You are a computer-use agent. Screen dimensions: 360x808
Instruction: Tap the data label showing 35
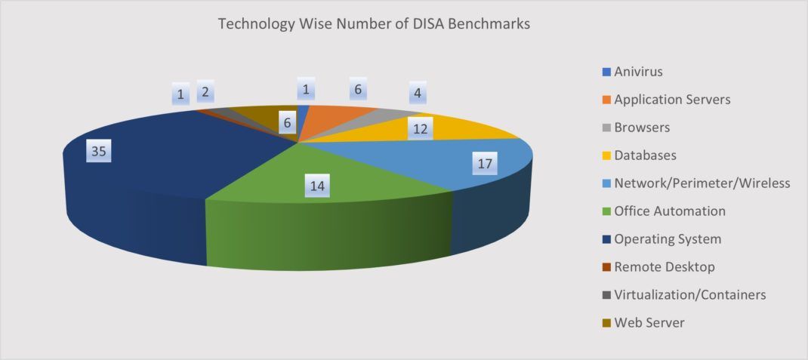(99, 152)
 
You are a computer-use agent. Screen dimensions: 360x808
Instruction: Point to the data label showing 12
(421, 129)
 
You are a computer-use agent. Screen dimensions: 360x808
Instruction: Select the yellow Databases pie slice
(468, 128)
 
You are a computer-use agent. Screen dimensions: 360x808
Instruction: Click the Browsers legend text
(642, 128)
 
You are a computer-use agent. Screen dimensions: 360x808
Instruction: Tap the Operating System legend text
(668, 239)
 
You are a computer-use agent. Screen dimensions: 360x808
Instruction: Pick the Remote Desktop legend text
(665, 266)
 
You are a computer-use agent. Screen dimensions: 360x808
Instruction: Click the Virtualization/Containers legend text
(690, 294)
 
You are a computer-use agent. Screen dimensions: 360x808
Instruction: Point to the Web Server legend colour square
(606, 323)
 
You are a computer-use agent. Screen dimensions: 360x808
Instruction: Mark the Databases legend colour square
(606, 155)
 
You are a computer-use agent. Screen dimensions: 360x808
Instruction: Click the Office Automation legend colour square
(606, 211)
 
